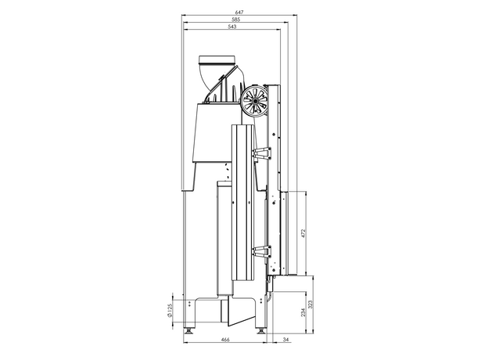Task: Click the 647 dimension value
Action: pyautogui.click(x=239, y=13)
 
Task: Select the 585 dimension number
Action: pyautogui.click(x=236, y=20)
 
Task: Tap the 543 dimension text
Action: pyautogui.click(x=232, y=27)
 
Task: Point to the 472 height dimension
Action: pyautogui.click(x=303, y=233)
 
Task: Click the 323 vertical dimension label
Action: pyautogui.click(x=310, y=304)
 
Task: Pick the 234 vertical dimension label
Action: pyautogui.click(x=303, y=313)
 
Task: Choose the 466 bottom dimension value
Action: pyautogui.click(x=225, y=340)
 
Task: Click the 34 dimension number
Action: pyautogui.click(x=286, y=340)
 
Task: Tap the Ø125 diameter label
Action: pyautogui.click(x=169, y=311)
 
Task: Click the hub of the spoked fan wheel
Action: pyautogui.click(x=255, y=101)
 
